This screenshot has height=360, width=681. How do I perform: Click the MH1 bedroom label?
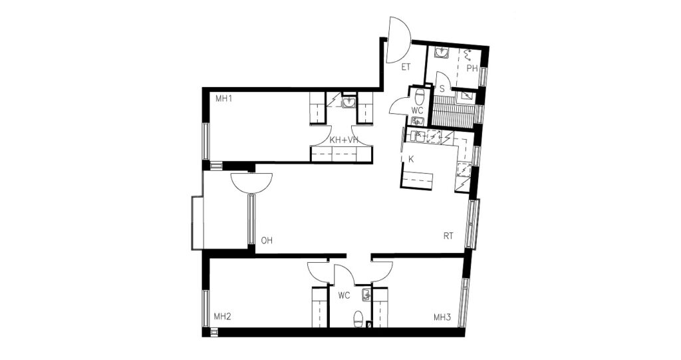(x=223, y=98)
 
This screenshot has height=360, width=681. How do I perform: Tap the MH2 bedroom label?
(x=222, y=317)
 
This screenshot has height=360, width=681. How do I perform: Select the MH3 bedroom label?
(x=442, y=317)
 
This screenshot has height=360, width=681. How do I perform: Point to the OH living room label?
(x=267, y=240)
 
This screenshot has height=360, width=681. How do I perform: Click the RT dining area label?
(x=448, y=236)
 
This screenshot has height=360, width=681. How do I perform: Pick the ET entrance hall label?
(x=406, y=67)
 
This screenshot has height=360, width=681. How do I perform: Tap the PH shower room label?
(x=472, y=69)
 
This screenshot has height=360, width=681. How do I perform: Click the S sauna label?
(x=442, y=89)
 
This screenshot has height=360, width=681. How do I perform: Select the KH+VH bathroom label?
(x=344, y=140)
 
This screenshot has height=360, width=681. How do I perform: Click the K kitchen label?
(x=411, y=159)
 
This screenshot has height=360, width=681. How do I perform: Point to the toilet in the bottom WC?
(x=358, y=318)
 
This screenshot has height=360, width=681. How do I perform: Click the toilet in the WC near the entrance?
(x=420, y=96)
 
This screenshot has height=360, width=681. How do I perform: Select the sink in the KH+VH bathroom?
(x=348, y=102)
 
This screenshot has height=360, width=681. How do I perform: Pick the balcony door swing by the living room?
(x=252, y=182)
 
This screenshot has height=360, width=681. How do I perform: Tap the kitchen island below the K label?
(x=418, y=180)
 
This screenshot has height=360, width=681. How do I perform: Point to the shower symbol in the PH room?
(x=468, y=55)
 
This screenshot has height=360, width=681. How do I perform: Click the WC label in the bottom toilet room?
(x=344, y=295)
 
